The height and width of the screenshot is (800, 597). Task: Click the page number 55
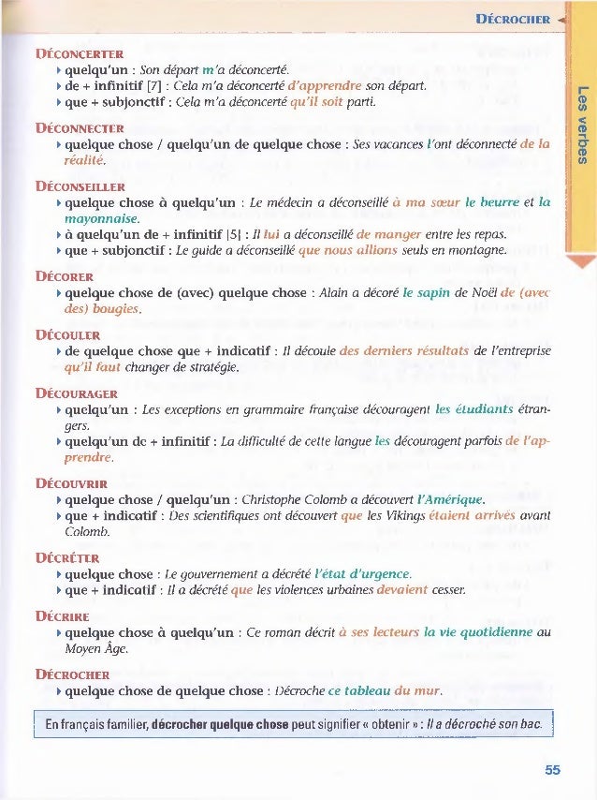coord(552,770)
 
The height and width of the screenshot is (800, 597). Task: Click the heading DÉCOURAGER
coord(76,393)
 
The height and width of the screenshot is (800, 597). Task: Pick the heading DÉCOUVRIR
coord(71,484)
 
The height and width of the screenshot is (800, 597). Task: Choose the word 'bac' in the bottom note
coord(531,725)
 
